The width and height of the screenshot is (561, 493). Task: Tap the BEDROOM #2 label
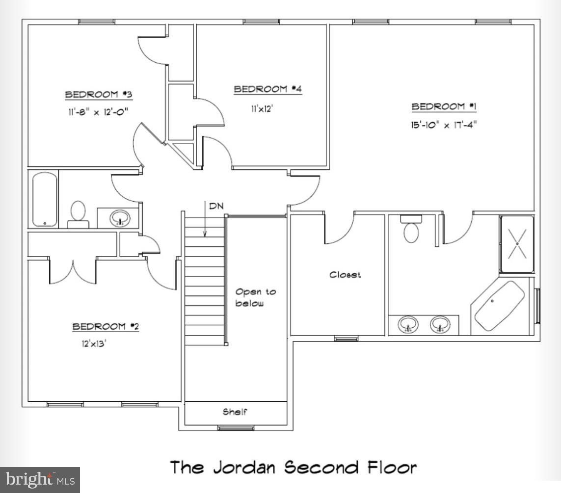point(106,326)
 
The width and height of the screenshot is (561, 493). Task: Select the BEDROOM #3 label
point(99,94)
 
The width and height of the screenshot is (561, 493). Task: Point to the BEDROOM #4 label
point(268,89)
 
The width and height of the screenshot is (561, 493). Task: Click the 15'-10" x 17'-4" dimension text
point(444,125)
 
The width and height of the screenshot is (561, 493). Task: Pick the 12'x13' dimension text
point(94,343)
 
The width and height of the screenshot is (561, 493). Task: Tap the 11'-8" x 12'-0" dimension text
point(98,112)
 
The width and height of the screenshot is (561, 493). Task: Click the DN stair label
point(216,206)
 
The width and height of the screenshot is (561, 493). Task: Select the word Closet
point(345,275)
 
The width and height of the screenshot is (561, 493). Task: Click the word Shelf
point(235,412)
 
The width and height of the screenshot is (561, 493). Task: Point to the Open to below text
point(255,297)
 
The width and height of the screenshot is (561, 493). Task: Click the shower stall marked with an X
point(517,244)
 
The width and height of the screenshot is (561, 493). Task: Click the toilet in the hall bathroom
point(79,214)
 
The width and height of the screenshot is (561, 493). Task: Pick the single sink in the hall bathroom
point(120,218)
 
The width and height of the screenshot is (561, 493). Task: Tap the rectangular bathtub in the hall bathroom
point(45,200)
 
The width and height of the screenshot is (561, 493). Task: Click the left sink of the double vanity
point(408,324)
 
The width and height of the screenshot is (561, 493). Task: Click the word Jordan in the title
point(244,468)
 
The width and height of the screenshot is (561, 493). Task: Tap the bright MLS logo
point(40,480)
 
